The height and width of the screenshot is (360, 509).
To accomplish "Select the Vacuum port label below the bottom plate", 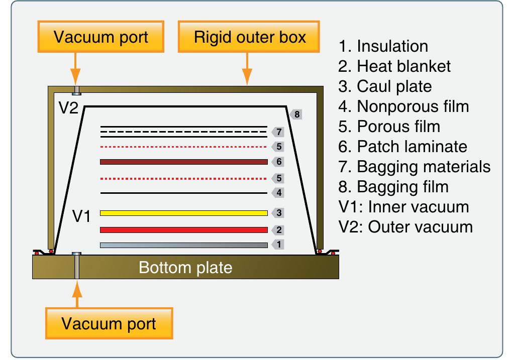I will [109, 323].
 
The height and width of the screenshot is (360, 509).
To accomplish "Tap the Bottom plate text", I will [185, 267].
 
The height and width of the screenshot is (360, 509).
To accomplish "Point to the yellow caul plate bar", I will [183, 213].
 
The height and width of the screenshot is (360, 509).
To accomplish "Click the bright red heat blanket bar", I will [183, 230].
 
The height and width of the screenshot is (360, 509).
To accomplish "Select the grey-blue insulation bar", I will [183, 245].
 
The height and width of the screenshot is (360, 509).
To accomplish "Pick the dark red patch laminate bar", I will [183, 162].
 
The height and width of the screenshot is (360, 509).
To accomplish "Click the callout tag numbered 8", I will [296, 114].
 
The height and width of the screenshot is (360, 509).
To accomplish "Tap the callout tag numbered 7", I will [278, 132].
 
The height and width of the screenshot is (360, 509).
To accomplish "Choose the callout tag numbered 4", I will [278, 192].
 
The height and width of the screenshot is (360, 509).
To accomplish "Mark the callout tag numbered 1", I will [278, 245].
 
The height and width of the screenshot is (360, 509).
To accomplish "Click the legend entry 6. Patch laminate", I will [402, 147].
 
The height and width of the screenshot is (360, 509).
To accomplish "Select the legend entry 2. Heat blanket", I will [394, 66].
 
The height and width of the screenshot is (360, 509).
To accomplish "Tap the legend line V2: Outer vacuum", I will [405, 227].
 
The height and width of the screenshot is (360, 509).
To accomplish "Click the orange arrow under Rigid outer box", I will [246, 70].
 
